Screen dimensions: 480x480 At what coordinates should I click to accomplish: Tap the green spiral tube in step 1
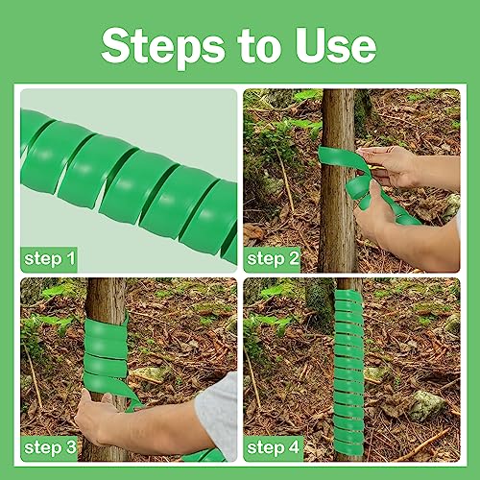[125, 182]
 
